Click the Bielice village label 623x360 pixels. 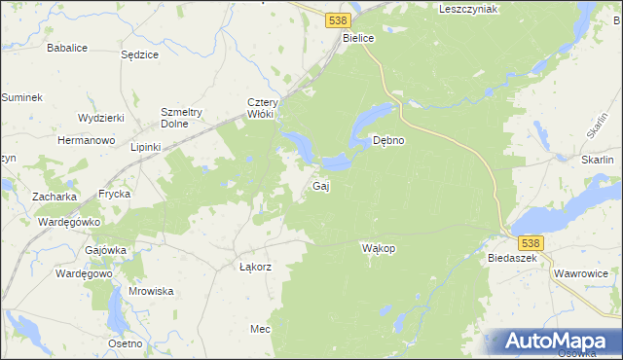pyautogui.click(x=359, y=37)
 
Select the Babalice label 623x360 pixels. pyautogui.click(x=67, y=47)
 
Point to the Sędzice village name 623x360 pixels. pyautogui.click(x=139, y=54)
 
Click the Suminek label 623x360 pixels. pyautogui.click(x=21, y=97)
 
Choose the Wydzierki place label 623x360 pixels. pyautogui.click(x=101, y=118)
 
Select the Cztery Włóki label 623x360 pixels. pyautogui.click(x=264, y=108)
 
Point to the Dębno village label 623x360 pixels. pyautogui.click(x=389, y=140)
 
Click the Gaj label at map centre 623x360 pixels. pyautogui.click(x=319, y=186)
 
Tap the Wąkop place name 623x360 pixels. pyautogui.click(x=378, y=248)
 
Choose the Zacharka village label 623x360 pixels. pyautogui.click(x=55, y=197)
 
